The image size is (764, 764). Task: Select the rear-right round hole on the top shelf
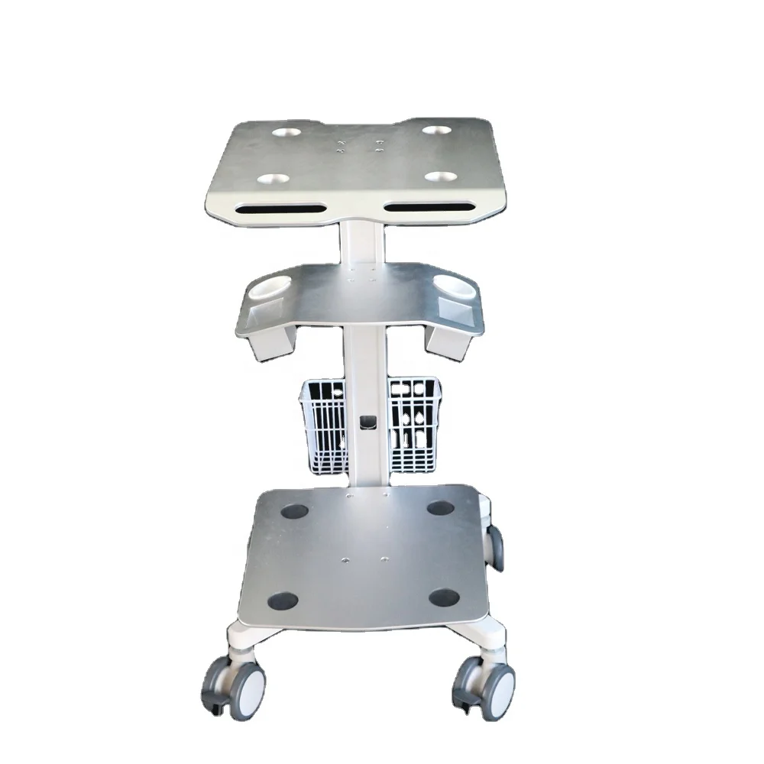coord(436,131)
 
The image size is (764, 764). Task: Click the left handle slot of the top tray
coord(279,208)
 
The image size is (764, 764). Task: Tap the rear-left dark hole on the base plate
coord(294,510)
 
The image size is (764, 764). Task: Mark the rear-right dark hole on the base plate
coord(439,508)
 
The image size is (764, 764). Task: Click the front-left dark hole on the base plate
coord(281,601)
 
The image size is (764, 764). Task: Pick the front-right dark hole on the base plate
coord(443,597)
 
